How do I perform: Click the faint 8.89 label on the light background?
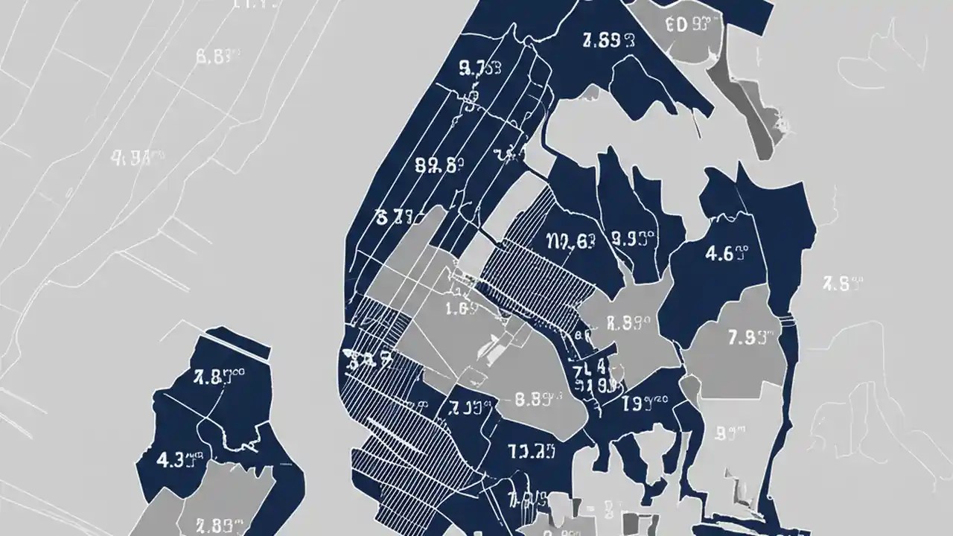[216, 56]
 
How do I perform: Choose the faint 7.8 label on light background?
[841, 284]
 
